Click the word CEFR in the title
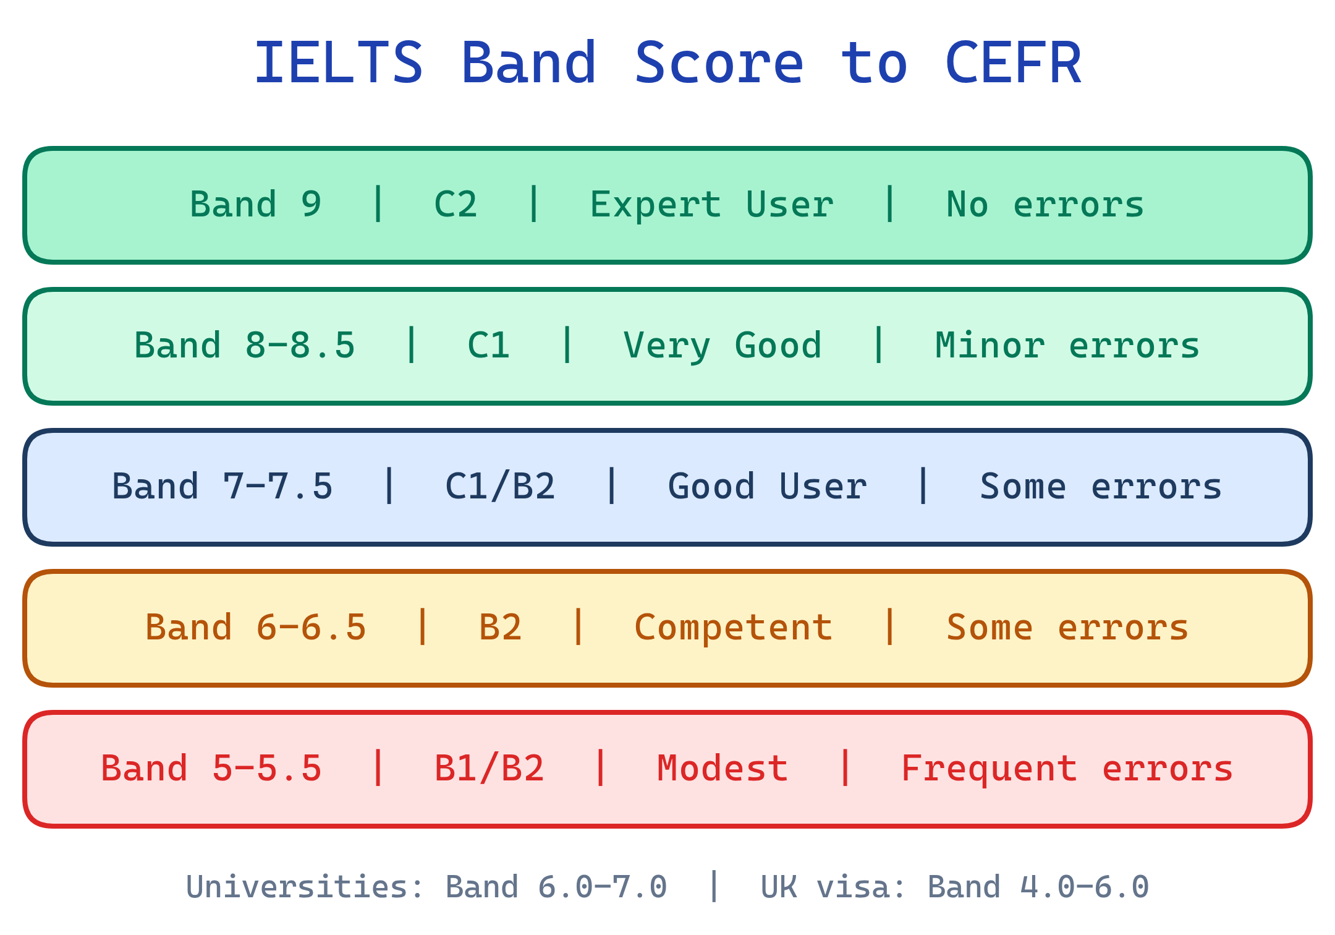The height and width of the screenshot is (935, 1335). click(x=1013, y=63)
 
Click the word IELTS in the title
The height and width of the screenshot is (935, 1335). click(x=339, y=63)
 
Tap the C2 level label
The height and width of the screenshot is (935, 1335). click(x=456, y=205)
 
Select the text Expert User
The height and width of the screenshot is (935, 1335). click(x=711, y=205)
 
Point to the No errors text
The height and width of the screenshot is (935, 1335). click(x=1045, y=205)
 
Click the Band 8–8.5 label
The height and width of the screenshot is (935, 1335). click(x=245, y=346)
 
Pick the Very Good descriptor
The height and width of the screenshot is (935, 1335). click(x=723, y=346)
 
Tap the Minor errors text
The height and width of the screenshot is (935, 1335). click(x=1067, y=346)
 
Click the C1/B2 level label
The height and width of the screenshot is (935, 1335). click(x=500, y=487)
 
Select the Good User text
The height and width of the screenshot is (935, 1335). click(x=767, y=487)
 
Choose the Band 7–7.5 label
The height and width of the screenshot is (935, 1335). click(x=222, y=487)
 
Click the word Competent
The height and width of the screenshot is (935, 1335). click(x=734, y=628)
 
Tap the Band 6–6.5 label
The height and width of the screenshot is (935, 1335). click(x=256, y=628)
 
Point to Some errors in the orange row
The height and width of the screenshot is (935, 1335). click(x=1067, y=628)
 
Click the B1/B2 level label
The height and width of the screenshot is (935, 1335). click(x=489, y=769)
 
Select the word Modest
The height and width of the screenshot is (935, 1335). click(x=723, y=769)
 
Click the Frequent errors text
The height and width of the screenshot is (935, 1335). click(x=1067, y=769)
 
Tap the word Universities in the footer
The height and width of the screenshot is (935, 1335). click(x=297, y=887)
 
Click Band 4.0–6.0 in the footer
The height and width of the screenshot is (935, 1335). click(x=1038, y=887)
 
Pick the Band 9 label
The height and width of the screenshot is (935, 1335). click(x=256, y=205)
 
